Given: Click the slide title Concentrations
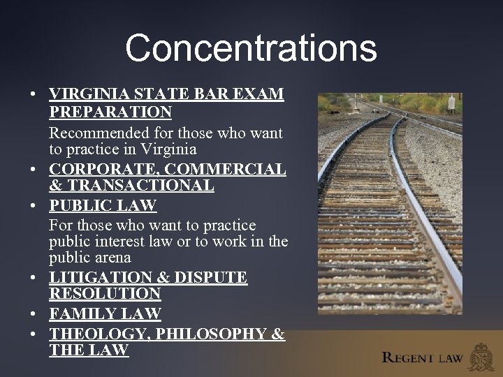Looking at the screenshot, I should coord(251,48).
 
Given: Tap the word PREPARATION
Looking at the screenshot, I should coord(110,112).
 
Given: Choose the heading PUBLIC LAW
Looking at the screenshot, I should coord(103,206).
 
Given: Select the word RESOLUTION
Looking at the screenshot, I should coord(105,294).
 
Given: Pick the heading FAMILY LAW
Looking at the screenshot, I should coord(105,314).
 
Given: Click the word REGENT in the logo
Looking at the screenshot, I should coord(409,358).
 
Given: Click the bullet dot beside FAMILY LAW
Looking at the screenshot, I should coord(34,314).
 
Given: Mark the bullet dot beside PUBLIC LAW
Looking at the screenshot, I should coord(34,206).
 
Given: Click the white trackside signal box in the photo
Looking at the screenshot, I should coord(452,104).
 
